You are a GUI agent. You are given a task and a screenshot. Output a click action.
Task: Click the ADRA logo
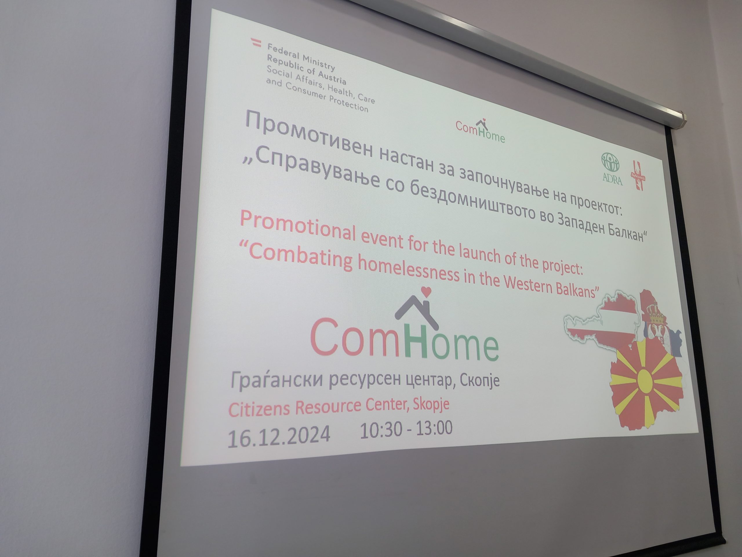(x=612, y=169)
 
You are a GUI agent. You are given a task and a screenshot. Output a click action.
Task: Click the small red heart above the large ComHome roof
(x=426, y=292)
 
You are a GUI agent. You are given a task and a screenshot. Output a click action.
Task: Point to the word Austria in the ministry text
(x=331, y=76)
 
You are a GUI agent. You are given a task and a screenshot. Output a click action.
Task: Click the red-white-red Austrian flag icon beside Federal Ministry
(x=256, y=43)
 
